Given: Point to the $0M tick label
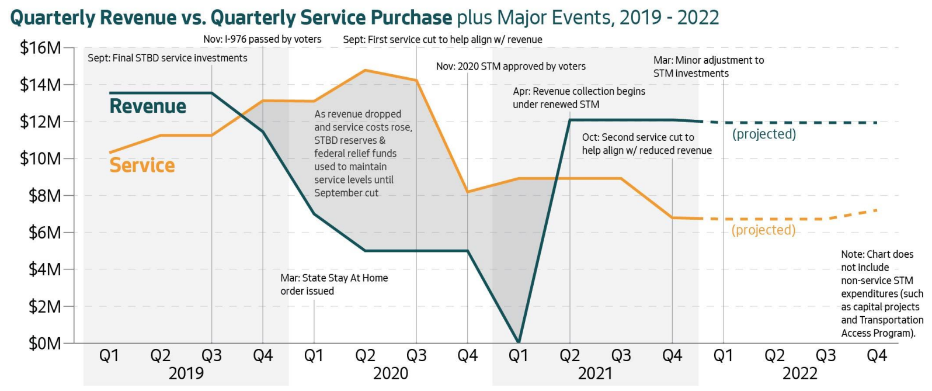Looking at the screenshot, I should coord(44,343).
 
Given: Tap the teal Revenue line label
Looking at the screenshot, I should coord(148,106).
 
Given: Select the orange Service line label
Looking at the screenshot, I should coord(142,165).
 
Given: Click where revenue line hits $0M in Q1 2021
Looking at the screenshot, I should coord(519,342).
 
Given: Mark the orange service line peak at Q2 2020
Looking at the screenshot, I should coord(366,70).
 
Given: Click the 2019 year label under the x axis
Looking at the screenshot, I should coord(186,374).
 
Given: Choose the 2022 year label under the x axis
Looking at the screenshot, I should coord(799,374).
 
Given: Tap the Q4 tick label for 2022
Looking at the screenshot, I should coord(877,356).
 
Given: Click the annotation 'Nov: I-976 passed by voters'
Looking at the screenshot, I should coord(262,39).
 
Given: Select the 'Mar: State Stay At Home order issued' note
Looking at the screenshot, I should coord(333,284).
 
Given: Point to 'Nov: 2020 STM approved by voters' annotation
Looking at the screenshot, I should coord(510,67).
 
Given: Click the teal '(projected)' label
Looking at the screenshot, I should coord(764,134).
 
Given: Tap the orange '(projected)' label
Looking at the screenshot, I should coord(763,230).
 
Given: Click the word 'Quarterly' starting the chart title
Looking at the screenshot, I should coord(53,18).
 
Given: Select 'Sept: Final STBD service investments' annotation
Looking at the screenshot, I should coord(167,58).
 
